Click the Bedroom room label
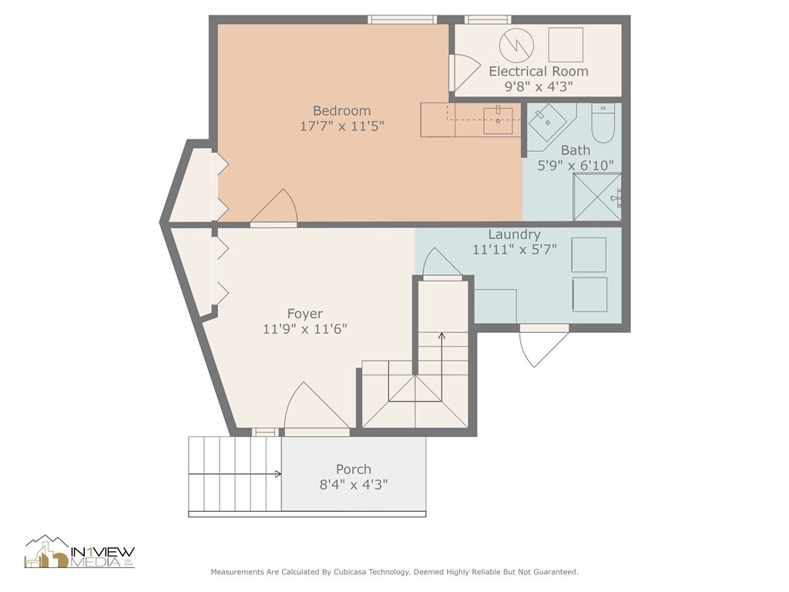[341, 110]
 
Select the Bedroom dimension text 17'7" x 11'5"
[341, 126]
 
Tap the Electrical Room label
[538, 71]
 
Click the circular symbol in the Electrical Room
[516, 45]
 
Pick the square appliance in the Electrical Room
[566, 45]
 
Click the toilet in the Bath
[603, 124]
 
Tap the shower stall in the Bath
[596, 197]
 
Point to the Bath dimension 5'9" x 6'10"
[576, 165]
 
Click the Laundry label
[514, 234]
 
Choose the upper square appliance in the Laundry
[589, 255]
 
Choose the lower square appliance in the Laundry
[589, 294]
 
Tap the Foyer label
[304, 314]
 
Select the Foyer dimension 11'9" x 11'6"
[304, 329]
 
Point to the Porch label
[353, 469]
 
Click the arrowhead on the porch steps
[277, 474]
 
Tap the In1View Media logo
[80, 553]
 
